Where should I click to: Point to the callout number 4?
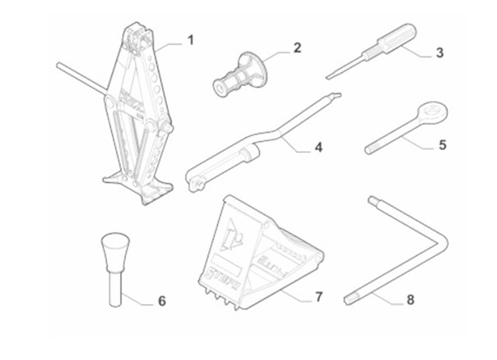318,147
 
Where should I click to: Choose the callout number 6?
162,299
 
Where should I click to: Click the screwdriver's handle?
398,40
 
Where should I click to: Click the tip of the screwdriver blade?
327,76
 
